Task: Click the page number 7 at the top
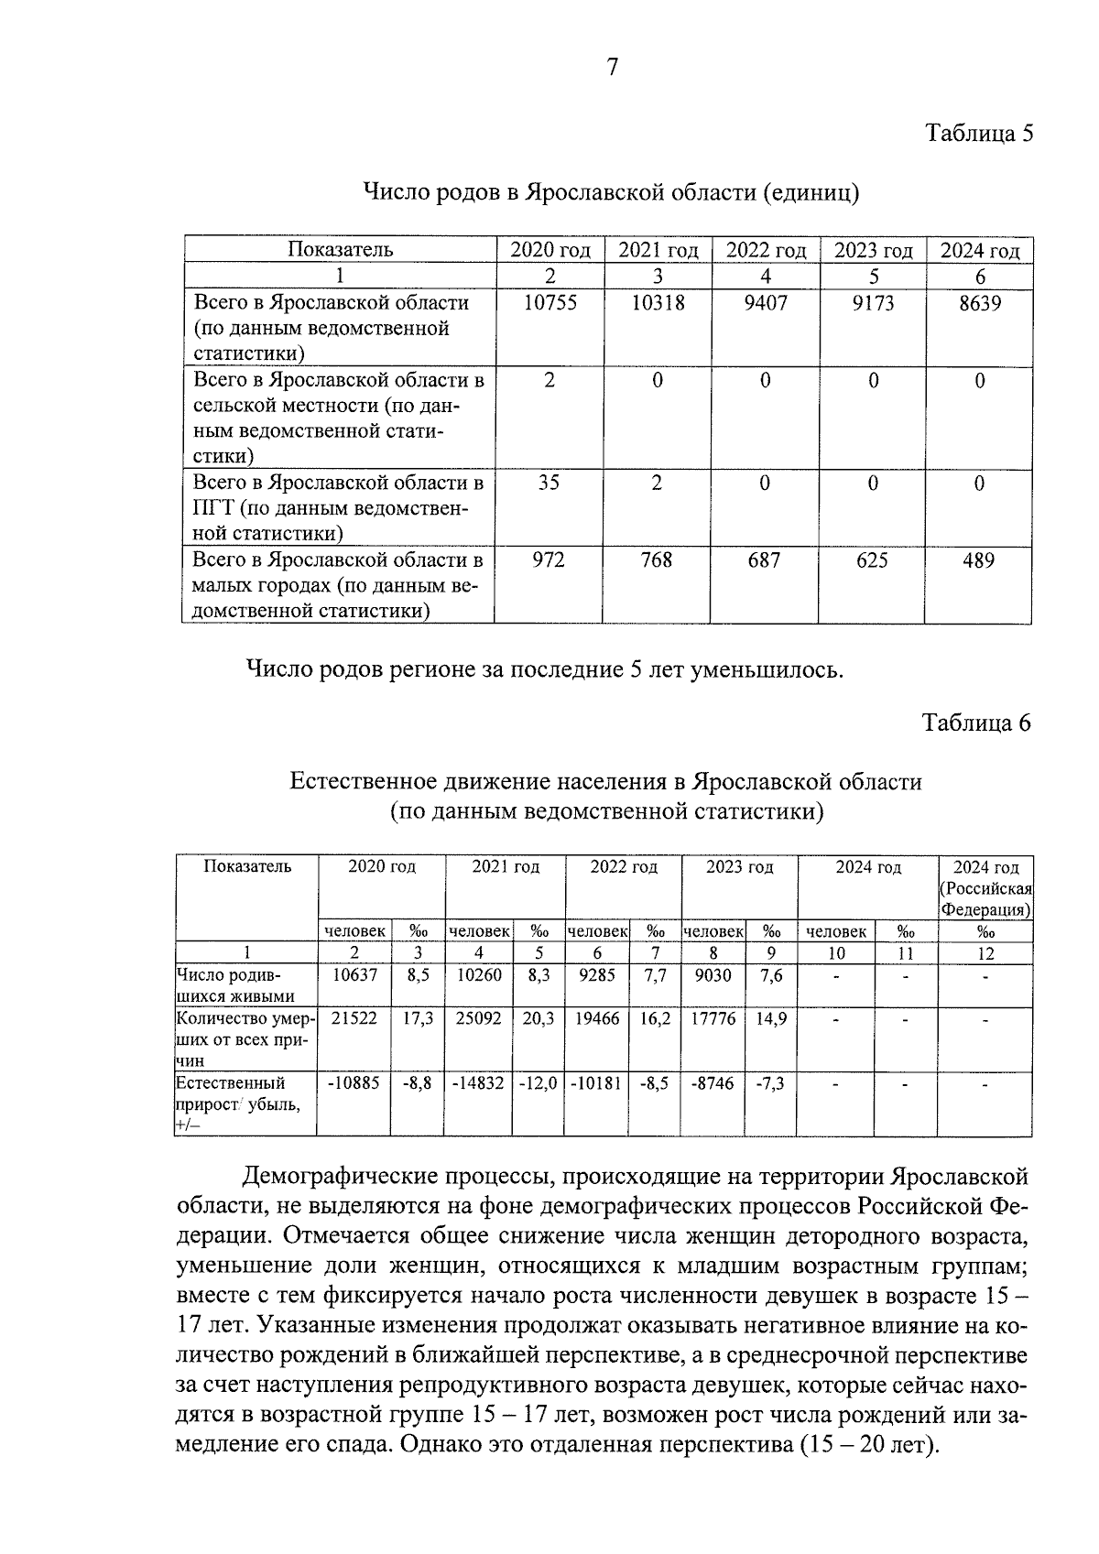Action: tap(612, 67)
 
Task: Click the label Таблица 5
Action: tap(978, 134)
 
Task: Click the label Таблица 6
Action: tap(976, 723)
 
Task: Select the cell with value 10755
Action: tap(549, 303)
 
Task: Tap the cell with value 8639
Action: tap(979, 303)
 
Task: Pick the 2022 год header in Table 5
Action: tap(766, 250)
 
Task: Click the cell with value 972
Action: tap(549, 560)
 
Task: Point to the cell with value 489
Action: tap(978, 560)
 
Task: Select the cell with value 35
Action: tap(549, 483)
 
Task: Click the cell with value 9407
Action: tap(766, 303)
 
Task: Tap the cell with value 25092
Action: tap(479, 1018)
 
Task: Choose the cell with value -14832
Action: tap(478, 1083)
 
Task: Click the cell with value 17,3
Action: tap(418, 1018)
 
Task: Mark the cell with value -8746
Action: tap(713, 1083)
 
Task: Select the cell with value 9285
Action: tap(597, 976)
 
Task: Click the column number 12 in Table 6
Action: tap(985, 953)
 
